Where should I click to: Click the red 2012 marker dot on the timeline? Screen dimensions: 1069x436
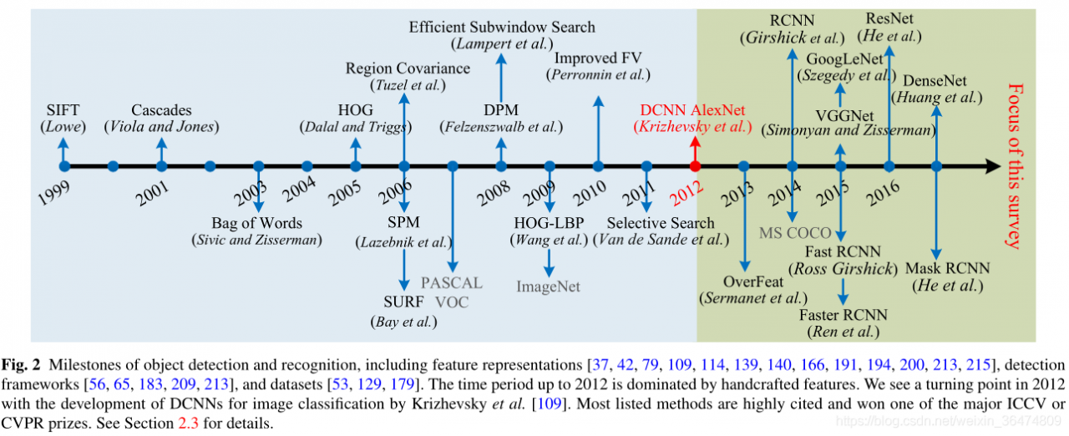click(695, 166)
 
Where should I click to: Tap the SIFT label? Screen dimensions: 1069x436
click(63, 110)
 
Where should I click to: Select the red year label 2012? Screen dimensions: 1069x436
click(686, 193)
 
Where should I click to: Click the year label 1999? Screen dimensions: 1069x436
click(53, 193)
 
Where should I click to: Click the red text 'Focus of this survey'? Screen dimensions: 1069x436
click(1015, 166)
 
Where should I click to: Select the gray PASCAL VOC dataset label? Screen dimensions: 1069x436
click(452, 292)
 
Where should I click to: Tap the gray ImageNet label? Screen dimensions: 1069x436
click(548, 286)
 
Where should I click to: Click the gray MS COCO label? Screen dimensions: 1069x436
click(795, 233)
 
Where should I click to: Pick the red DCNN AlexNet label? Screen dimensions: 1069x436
click(692, 110)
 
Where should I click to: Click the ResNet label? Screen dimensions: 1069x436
click(889, 18)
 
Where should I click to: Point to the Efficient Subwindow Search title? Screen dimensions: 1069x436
click(502, 28)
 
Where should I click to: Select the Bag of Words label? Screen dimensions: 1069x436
click(256, 223)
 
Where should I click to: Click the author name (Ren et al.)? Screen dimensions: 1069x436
click(844, 332)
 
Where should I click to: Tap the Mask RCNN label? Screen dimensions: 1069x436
click(948, 269)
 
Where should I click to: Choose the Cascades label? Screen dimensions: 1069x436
click(161, 110)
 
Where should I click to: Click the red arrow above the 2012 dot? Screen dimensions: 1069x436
click(695, 149)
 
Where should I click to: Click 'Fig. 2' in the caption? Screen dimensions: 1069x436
click(21, 365)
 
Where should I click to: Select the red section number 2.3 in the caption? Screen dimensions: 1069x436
click(188, 423)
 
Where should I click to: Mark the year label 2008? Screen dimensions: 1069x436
click(494, 193)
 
